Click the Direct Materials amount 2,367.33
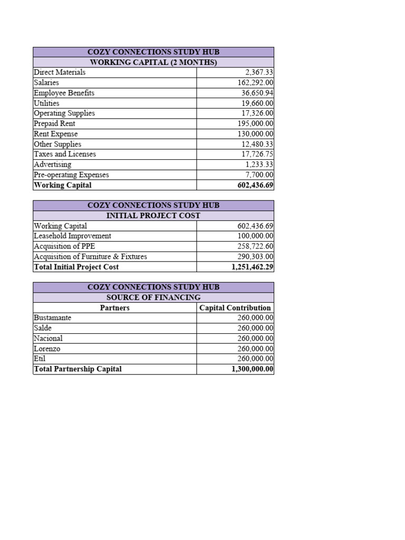click(x=259, y=72)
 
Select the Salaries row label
click(x=46, y=82)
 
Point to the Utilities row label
click(x=46, y=103)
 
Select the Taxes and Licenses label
click(x=65, y=154)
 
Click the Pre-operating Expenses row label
click(x=71, y=175)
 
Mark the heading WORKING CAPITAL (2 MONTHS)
click(x=153, y=62)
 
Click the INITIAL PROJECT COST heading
click(x=153, y=216)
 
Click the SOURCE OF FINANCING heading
click(x=153, y=297)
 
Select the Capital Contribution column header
click(x=235, y=307)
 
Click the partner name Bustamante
click(x=52, y=317)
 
